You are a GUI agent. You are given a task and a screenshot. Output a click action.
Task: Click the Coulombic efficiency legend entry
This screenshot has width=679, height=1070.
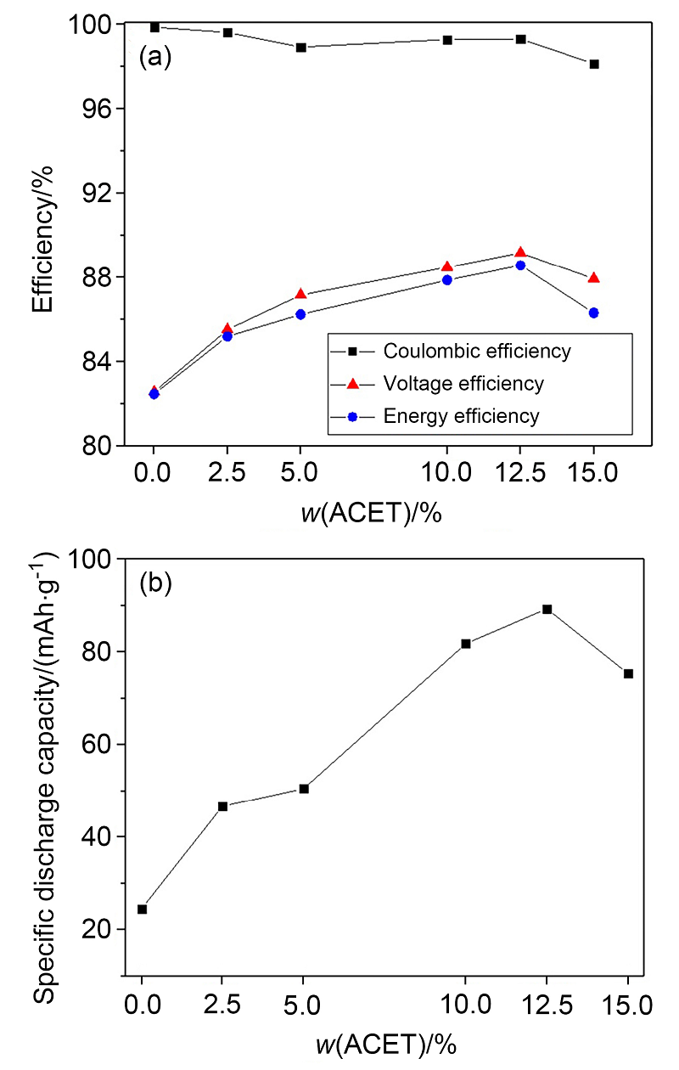tap(476, 351)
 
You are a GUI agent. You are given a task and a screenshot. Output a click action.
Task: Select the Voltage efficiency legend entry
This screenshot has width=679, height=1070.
tap(463, 384)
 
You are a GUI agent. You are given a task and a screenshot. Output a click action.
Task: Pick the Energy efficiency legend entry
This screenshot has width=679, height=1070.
tap(460, 416)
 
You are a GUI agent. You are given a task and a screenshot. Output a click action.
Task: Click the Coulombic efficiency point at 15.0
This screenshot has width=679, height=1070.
tap(594, 64)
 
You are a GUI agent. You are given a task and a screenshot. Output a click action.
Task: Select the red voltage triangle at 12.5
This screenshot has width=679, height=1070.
tap(520, 252)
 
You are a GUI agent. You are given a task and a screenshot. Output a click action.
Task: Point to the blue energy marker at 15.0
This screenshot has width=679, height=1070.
tap(594, 313)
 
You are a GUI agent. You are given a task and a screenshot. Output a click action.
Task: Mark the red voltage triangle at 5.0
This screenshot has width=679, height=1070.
tap(300, 294)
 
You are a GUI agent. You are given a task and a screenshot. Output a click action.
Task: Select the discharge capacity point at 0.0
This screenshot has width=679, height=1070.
tap(142, 909)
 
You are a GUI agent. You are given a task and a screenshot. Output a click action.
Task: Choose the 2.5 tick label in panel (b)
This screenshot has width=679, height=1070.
tap(223, 1007)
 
